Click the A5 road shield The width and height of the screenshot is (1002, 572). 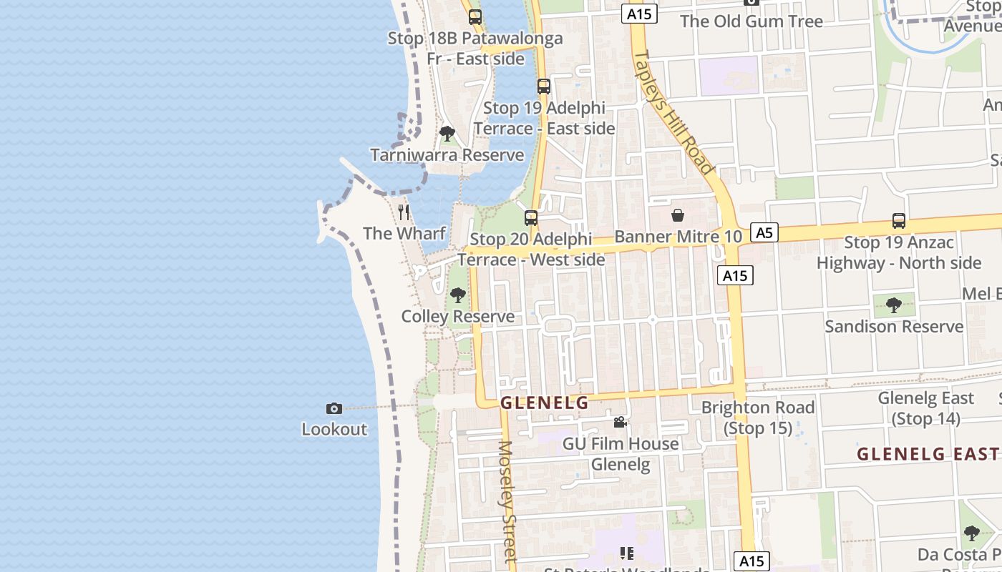pyautogui.click(x=764, y=232)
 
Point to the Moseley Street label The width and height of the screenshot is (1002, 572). pyautogui.click(x=507, y=500)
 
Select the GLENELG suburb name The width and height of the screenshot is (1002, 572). pyautogui.click(x=544, y=403)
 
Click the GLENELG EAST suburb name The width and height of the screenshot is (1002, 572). pyautogui.click(x=928, y=454)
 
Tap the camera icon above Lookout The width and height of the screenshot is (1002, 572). pyautogui.click(x=334, y=408)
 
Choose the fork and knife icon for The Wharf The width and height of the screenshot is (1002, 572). pyautogui.click(x=404, y=212)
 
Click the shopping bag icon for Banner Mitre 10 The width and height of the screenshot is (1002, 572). pyautogui.click(x=677, y=215)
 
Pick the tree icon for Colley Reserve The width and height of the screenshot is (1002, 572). pyautogui.click(x=457, y=295)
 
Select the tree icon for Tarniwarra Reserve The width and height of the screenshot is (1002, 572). pyautogui.click(x=447, y=134)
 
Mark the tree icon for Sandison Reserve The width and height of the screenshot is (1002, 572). pyautogui.click(x=893, y=305)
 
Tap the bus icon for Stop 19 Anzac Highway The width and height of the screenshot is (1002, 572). pyautogui.click(x=899, y=221)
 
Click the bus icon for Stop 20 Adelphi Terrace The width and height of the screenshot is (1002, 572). pyautogui.click(x=531, y=218)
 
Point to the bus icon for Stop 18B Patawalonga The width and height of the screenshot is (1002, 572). pyautogui.click(x=475, y=17)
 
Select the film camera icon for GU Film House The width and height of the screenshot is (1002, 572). pyautogui.click(x=620, y=423)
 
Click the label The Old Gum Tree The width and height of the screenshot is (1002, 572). pyautogui.click(x=751, y=21)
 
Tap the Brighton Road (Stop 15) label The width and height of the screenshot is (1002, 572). pyautogui.click(x=758, y=418)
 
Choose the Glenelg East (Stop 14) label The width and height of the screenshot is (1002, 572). pyautogui.click(x=926, y=408)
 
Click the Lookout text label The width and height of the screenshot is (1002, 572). pyautogui.click(x=334, y=430)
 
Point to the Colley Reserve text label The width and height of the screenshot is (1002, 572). pyautogui.click(x=457, y=317)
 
